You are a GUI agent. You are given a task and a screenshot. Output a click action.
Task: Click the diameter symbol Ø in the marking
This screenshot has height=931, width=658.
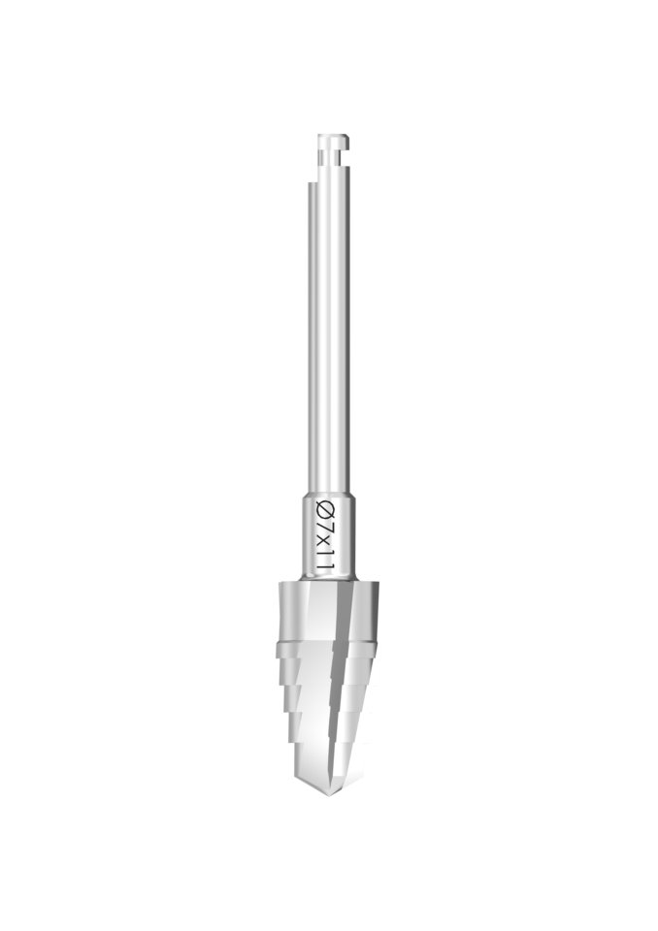[327, 509]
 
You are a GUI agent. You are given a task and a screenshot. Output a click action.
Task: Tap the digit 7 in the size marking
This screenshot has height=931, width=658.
[327, 525]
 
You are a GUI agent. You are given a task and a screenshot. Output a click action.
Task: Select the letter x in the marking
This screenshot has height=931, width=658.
[326, 540]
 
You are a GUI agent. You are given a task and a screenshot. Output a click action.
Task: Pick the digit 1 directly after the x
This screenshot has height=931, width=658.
[327, 552]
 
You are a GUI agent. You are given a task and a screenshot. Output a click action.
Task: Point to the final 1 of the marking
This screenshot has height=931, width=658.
[327, 566]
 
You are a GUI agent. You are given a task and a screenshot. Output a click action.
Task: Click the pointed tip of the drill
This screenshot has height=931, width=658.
[327, 795]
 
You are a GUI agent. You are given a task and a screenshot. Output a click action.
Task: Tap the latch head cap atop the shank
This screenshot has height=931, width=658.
[334, 142]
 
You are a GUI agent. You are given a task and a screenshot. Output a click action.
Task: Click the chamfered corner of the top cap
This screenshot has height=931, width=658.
[347, 137]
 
